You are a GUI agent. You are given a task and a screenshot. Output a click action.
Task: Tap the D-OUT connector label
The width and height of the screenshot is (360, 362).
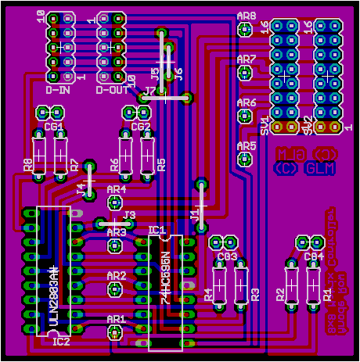[x=112, y=90]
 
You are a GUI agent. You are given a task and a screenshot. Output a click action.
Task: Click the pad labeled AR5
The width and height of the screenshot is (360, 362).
[x=246, y=159]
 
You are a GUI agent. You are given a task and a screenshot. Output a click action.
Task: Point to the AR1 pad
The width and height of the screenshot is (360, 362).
[x=115, y=333]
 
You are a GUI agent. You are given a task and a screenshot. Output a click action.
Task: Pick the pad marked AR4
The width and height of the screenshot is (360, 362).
[x=116, y=203]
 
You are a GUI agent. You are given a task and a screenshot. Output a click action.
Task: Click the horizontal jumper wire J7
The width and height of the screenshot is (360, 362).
[x=164, y=99]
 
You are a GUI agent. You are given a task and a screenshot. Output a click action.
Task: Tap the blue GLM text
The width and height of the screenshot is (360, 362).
[x=320, y=167]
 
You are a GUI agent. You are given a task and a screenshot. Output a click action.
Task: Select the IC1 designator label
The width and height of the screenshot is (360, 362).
[x=157, y=231]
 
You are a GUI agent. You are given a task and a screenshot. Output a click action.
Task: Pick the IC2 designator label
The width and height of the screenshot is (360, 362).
[x=60, y=342]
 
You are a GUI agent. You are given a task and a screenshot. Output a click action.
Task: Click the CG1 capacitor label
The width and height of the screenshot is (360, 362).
[x=53, y=126]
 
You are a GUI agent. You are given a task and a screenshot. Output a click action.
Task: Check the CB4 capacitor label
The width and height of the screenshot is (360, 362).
[x=313, y=256]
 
